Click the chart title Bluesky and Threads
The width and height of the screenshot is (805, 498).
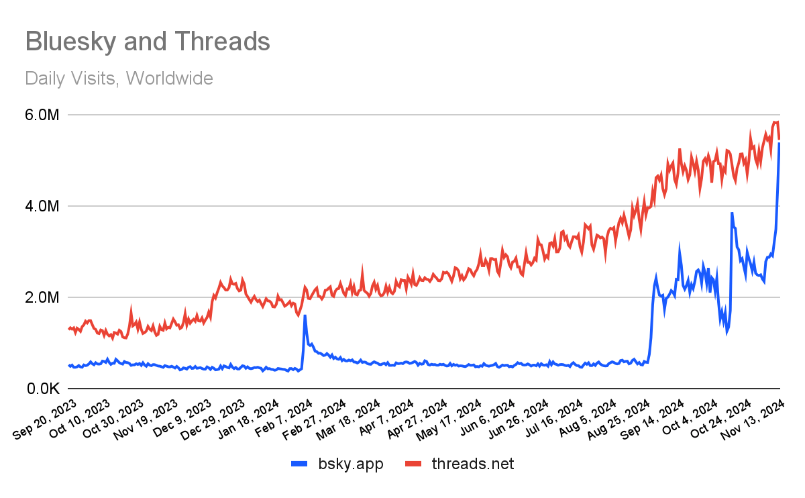click(x=148, y=42)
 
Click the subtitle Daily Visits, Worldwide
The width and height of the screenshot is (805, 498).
click(x=119, y=79)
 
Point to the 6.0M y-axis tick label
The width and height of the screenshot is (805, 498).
click(x=42, y=115)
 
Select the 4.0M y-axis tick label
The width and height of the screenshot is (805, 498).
click(x=42, y=206)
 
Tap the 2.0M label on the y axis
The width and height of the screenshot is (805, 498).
click(x=42, y=297)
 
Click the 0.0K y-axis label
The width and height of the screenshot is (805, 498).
click(x=42, y=389)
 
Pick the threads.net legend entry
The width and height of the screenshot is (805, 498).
click(x=473, y=463)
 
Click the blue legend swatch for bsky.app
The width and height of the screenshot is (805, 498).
click(x=300, y=463)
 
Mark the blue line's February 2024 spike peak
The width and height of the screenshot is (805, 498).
click(x=305, y=315)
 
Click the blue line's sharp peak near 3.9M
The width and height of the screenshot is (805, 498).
click(x=732, y=213)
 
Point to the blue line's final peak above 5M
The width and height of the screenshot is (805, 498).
click(x=780, y=144)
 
